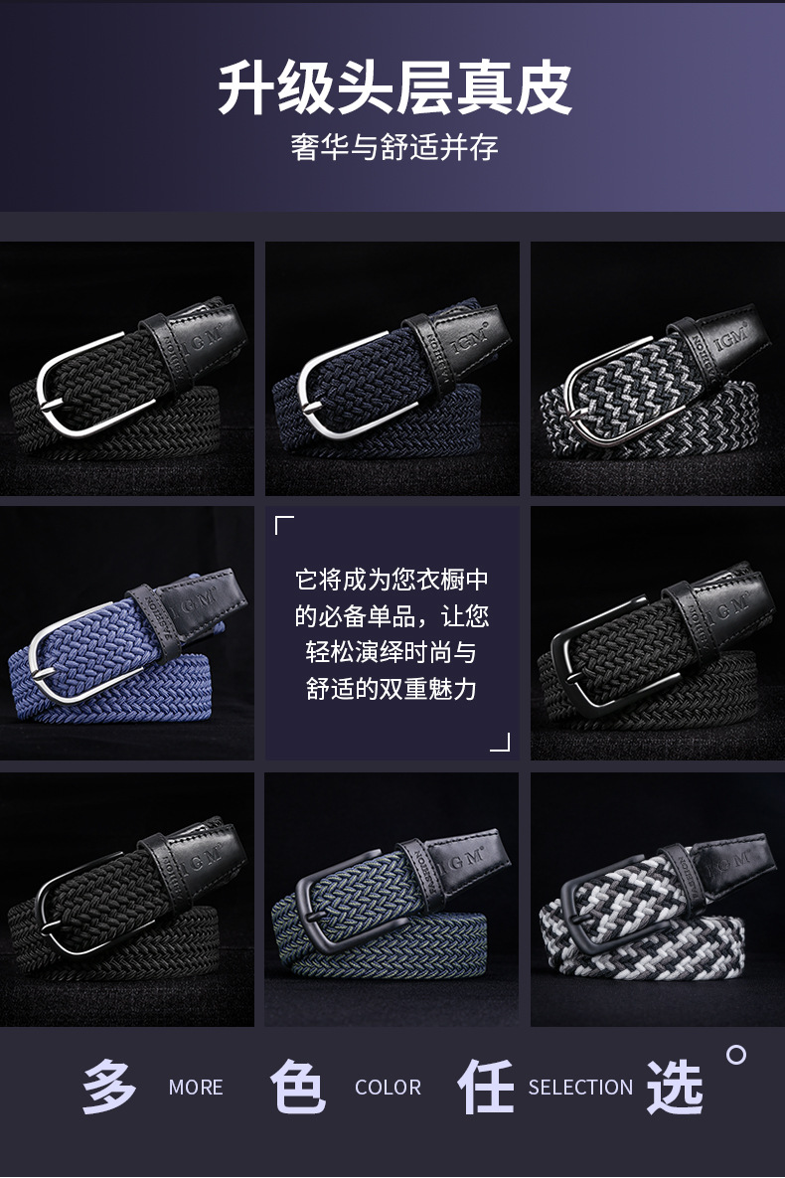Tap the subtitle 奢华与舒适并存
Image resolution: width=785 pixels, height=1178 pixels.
click(393, 147)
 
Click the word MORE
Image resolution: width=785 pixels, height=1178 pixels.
click(196, 1088)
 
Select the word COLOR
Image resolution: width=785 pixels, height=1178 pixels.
click(388, 1088)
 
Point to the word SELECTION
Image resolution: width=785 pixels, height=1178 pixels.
click(580, 1088)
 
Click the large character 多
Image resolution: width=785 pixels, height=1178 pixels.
click(109, 1087)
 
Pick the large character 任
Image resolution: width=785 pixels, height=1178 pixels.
click(486, 1087)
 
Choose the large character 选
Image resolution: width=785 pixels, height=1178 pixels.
click(675, 1087)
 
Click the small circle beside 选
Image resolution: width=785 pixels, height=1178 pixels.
click(736, 1055)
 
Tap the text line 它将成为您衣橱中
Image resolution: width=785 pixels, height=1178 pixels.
click(392, 580)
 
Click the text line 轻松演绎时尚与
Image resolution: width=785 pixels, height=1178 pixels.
click(392, 653)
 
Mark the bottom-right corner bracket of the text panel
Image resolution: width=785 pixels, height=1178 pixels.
click(502, 743)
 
